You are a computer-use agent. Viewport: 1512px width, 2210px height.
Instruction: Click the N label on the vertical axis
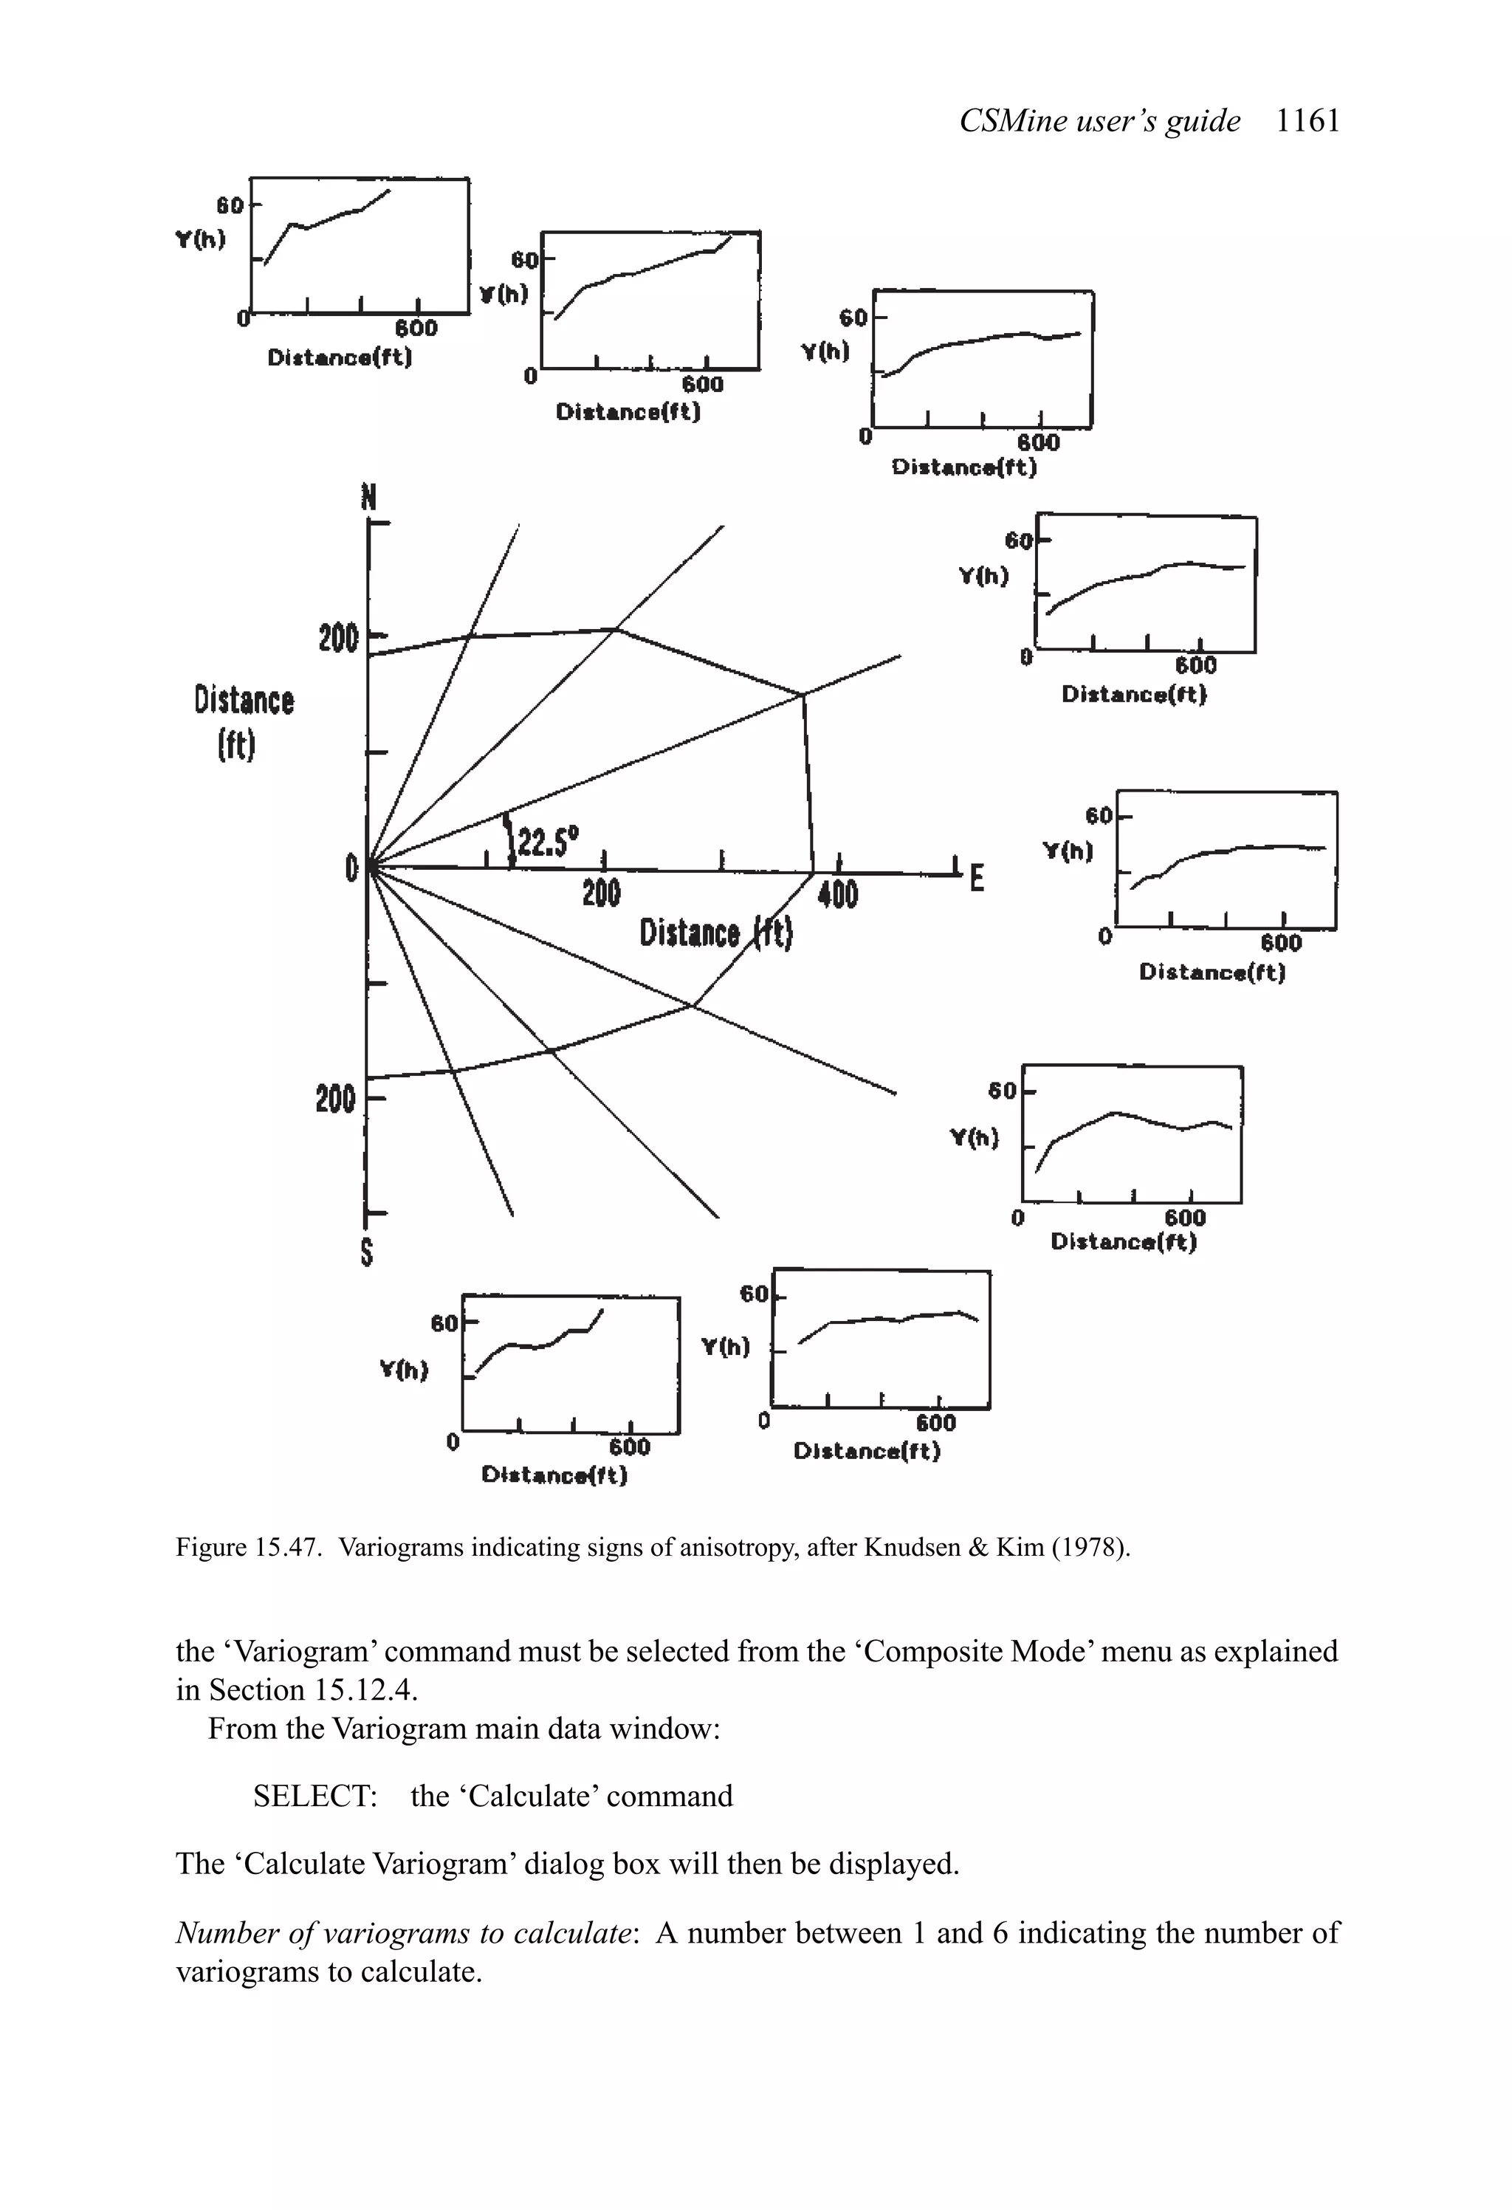(369, 498)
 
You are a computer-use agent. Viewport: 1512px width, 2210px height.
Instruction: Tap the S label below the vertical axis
(367, 1253)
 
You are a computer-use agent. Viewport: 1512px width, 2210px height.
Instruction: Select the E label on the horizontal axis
(976, 879)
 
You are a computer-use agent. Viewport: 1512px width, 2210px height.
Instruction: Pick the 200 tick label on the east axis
(601, 893)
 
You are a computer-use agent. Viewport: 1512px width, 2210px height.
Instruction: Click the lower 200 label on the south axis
(336, 1099)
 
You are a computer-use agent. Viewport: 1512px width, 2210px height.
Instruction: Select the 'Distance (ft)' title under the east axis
(715, 933)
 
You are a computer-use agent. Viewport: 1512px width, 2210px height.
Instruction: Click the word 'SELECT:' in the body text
(315, 1795)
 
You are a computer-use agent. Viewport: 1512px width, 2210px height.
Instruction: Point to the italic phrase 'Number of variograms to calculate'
(403, 1933)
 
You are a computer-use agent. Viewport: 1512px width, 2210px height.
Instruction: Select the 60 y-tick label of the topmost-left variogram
(230, 205)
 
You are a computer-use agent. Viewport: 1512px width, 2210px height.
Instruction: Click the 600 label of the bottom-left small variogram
(630, 1447)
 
